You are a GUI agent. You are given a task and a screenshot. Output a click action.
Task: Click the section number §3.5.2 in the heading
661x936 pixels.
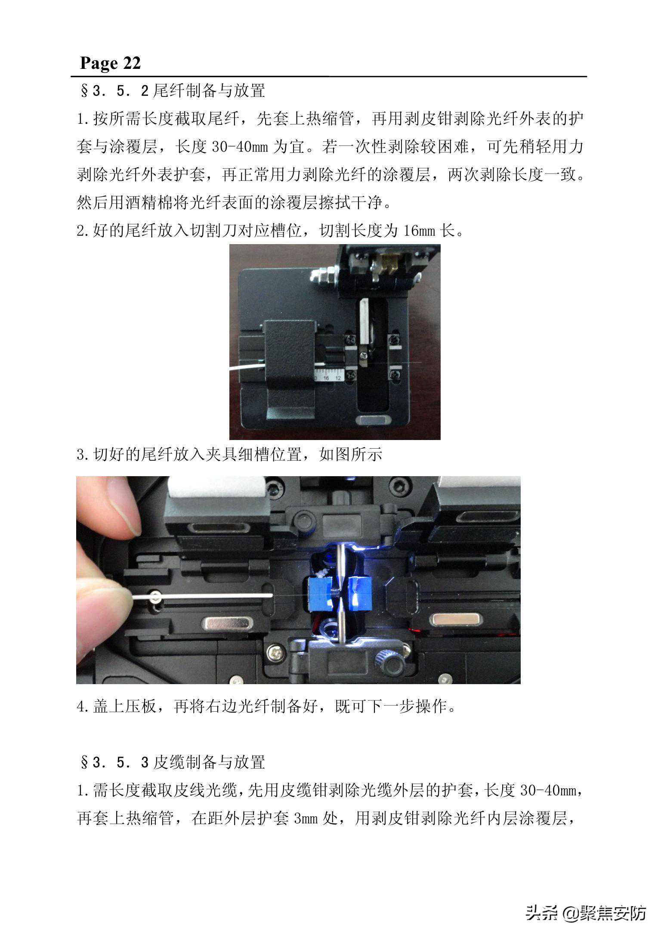(x=114, y=90)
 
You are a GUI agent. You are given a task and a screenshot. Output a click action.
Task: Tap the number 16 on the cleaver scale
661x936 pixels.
(x=326, y=378)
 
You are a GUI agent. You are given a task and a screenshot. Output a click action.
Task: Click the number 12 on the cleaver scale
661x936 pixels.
(x=338, y=378)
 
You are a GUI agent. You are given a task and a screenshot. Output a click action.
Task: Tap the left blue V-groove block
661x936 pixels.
(x=322, y=594)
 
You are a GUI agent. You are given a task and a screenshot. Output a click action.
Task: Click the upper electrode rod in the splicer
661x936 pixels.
(x=340, y=564)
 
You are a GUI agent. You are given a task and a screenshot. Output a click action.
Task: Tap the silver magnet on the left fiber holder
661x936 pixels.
(x=227, y=623)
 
